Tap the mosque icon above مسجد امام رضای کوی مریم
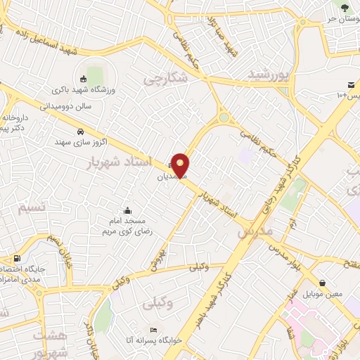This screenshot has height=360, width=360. coord(127,210)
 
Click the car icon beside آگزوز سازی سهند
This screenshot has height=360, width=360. coord(80,131)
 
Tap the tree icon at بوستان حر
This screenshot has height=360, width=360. coord(345,8)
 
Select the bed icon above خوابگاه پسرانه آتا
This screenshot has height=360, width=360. coord(153,330)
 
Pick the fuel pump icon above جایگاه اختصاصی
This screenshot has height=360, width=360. coord(16,258)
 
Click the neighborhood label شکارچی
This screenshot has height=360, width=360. coord(167,79)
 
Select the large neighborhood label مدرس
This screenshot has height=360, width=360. coord(254,229)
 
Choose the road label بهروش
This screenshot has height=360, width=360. coord(159,259)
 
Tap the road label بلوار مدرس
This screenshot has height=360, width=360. coord(288,255)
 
